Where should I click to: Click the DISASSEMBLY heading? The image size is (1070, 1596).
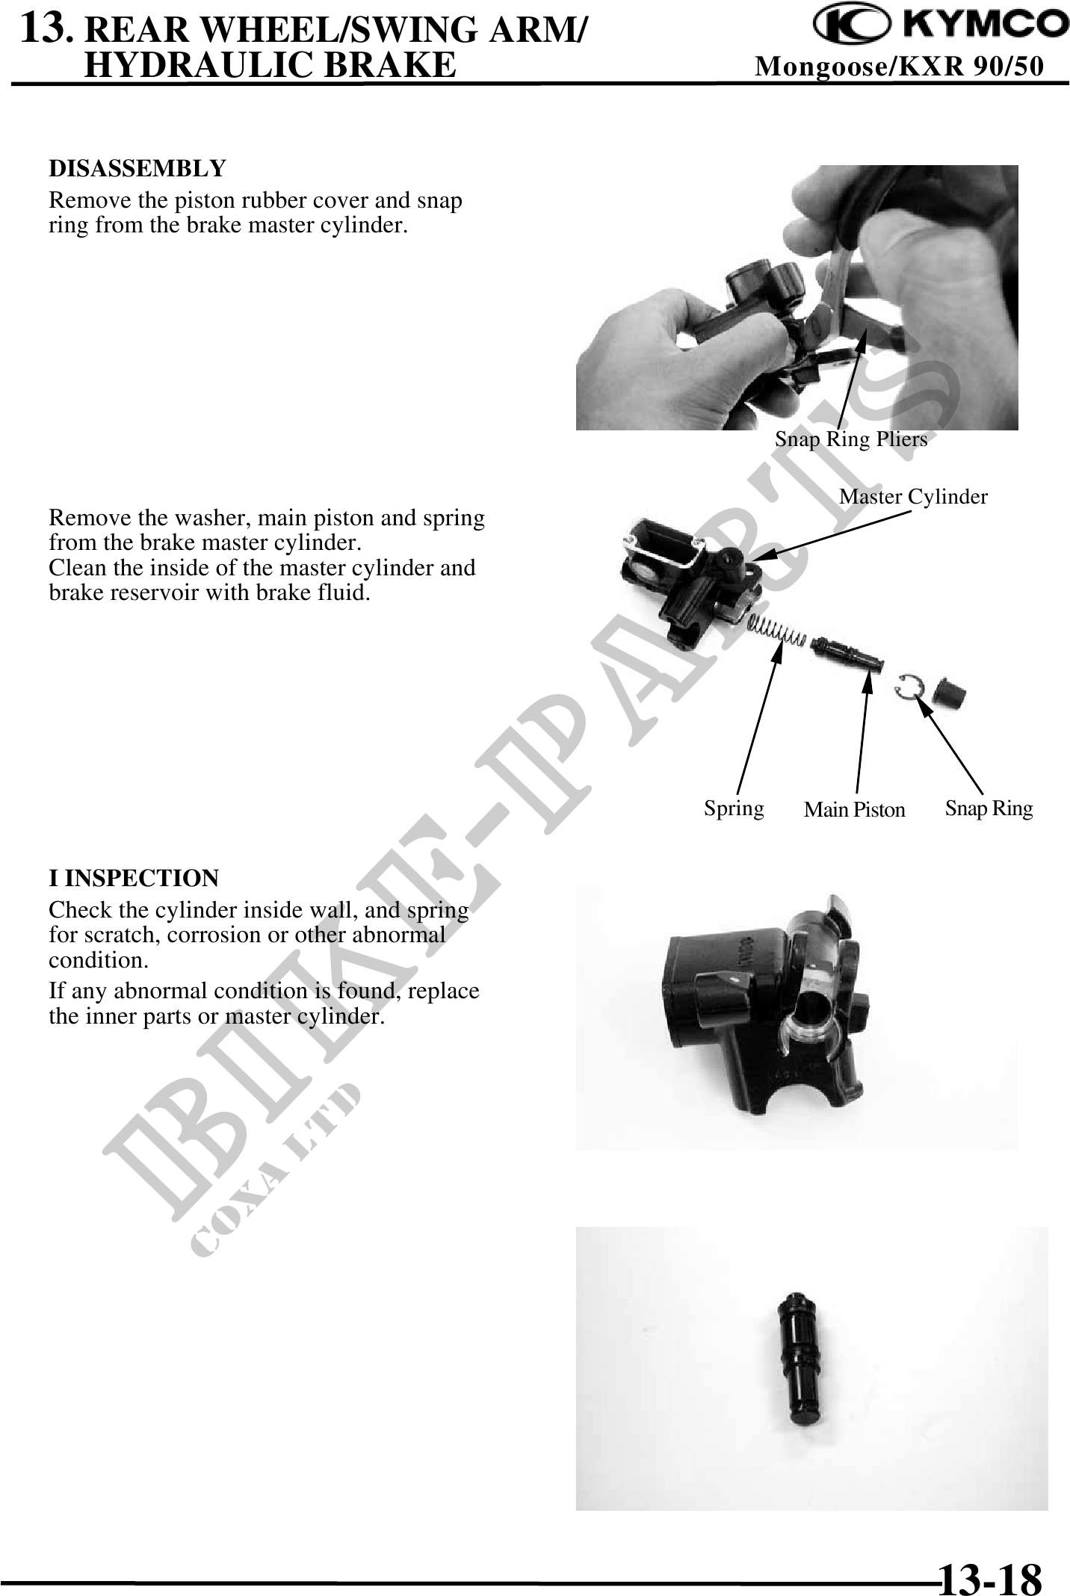pyautogui.click(x=137, y=169)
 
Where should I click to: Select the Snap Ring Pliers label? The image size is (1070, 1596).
pyautogui.click(x=851, y=439)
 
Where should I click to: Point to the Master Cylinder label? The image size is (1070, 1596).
pyautogui.click(x=913, y=496)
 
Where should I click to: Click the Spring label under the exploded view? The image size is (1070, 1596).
pyautogui.click(x=734, y=808)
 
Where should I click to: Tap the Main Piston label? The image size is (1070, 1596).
pyautogui.click(x=854, y=809)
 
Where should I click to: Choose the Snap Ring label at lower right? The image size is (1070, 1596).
pyautogui.click(x=989, y=808)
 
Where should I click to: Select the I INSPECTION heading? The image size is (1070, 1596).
pyautogui.click(x=134, y=878)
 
